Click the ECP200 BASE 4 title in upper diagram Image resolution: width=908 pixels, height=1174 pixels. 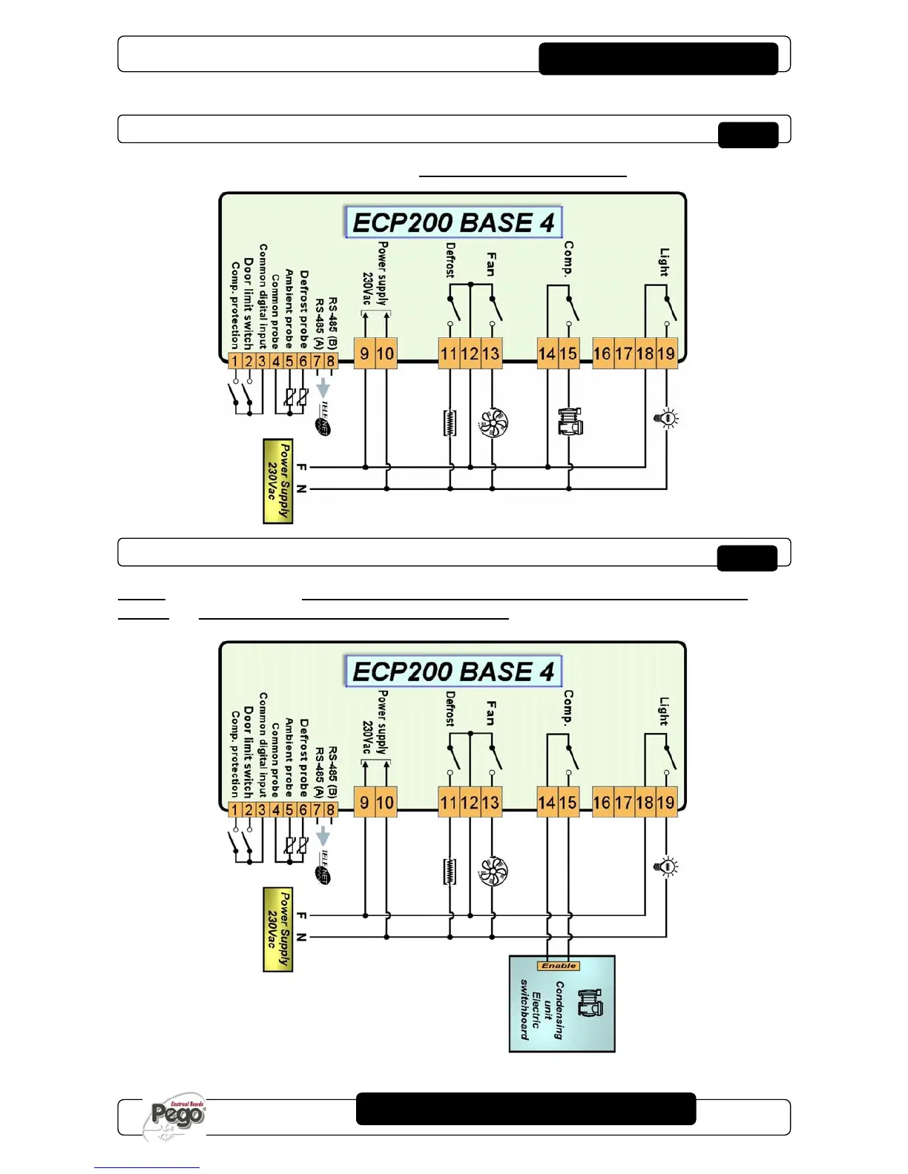coord(453,222)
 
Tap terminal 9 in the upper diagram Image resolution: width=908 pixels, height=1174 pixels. coord(364,354)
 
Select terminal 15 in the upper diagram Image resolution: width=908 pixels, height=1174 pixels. coord(568,354)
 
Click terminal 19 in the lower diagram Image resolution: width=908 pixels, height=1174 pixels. coord(666,802)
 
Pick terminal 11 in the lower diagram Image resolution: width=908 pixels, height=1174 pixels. coord(449,802)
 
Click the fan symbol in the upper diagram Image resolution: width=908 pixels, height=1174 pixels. coord(493,422)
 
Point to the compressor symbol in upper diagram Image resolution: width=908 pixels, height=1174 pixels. coord(570,422)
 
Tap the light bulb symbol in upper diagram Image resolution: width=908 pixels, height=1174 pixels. coord(667,418)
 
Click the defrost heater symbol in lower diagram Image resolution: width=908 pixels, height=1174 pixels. coord(450,872)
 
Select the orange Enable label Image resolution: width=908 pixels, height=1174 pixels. coord(559,966)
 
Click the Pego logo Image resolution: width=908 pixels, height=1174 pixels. coord(177,1115)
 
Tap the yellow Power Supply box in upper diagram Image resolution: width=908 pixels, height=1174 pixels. coord(278,481)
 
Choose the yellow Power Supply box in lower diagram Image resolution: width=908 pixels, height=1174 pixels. coord(278,929)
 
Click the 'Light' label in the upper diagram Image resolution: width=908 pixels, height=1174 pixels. coord(664,262)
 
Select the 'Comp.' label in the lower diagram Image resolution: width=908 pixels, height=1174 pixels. coord(568,707)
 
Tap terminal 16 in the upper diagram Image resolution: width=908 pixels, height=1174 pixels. coord(602,354)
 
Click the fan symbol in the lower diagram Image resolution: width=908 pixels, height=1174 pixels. coord(493,872)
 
